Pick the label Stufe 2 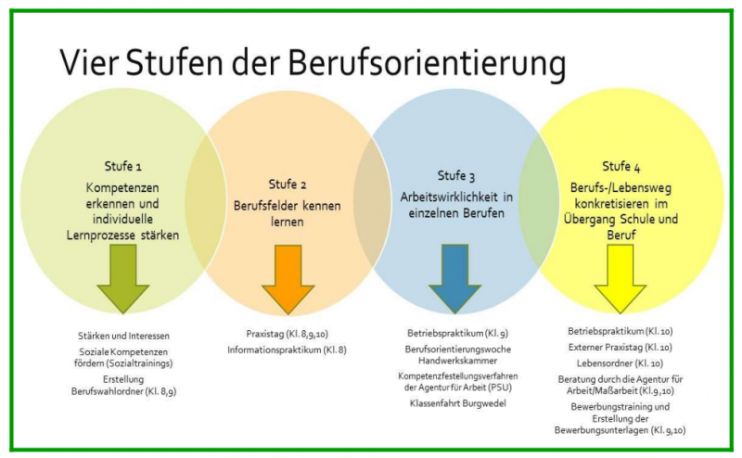tap(287, 184)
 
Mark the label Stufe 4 tap(620, 167)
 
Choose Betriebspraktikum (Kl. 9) tap(457, 332)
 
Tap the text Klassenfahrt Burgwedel tap(457, 403)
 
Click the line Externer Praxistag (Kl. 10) tap(620, 347)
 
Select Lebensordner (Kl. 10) tap(620, 363)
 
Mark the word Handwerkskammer tap(457, 360)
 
